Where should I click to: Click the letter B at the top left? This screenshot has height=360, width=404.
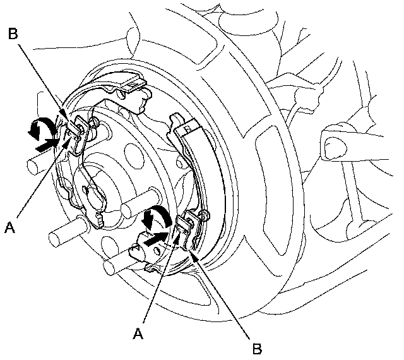(13, 33)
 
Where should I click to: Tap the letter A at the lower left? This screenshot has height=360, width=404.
(10, 227)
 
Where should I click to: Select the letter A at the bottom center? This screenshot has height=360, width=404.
(138, 334)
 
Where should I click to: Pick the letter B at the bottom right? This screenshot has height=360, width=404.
(257, 349)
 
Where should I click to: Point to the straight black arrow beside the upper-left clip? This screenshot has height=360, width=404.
(46, 145)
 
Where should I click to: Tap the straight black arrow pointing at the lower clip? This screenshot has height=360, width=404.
(156, 239)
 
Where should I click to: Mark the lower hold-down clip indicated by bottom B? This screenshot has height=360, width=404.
(187, 229)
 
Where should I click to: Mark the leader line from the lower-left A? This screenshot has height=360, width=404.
(41, 180)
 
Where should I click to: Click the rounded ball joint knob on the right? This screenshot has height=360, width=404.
(335, 148)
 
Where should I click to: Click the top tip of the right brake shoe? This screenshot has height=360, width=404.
(175, 116)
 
